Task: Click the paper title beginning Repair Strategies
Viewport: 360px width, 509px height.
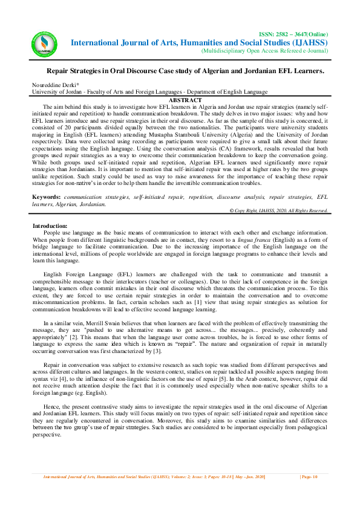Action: [x=186, y=71]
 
